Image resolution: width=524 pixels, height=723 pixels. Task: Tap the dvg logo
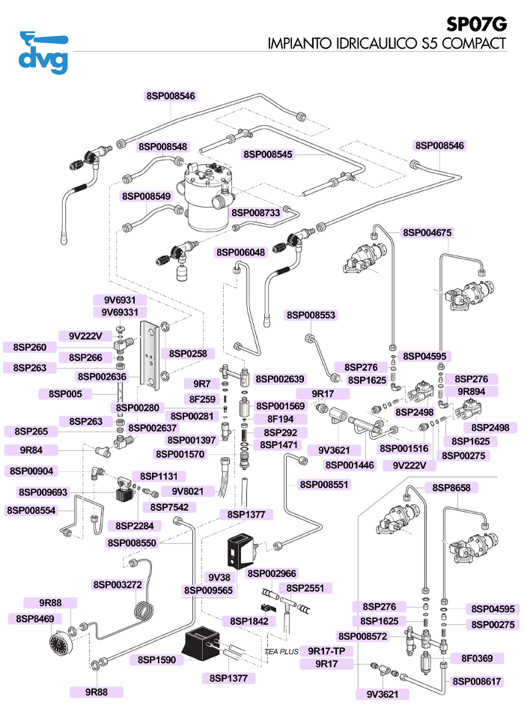click(43, 50)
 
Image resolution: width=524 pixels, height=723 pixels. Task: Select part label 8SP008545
click(269, 154)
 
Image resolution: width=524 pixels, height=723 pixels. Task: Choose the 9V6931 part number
click(115, 300)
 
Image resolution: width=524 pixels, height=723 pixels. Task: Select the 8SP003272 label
click(118, 584)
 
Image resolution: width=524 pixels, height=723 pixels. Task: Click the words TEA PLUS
click(281, 652)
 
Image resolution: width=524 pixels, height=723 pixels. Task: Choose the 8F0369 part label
click(476, 658)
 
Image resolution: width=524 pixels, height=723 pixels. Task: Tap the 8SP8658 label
click(451, 488)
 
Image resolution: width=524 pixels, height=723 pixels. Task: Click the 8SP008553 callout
click(311, 315)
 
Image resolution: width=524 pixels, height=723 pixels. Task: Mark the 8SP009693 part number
click(43, 492)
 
